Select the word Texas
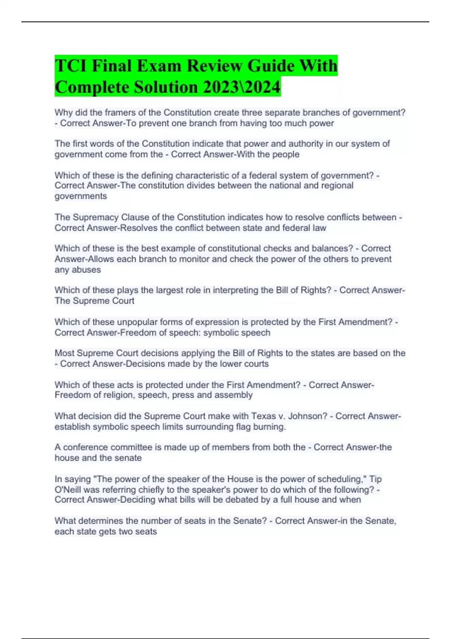(263, 416)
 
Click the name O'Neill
(68, 489)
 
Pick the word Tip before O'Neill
(375, 479)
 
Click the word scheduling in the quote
(342, 479)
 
